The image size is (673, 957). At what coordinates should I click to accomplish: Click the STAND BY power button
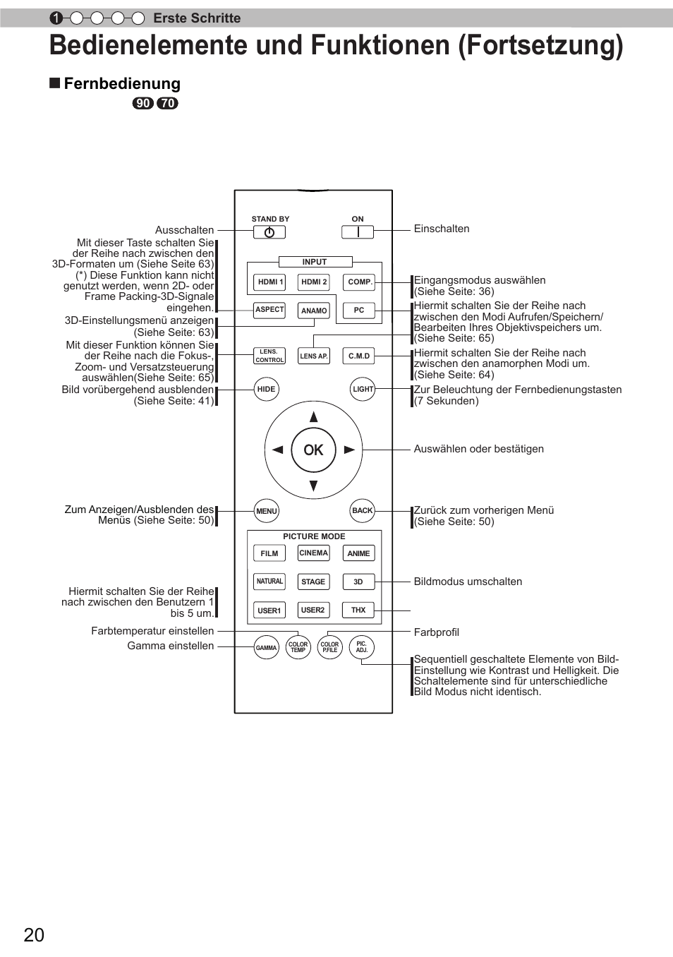(x=269, y=232)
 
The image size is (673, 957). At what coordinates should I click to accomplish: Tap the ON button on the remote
(x=358, y=232)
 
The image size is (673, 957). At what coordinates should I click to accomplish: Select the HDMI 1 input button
(x=269, y=282)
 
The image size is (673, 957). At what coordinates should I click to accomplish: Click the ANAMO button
(x=314, y=311)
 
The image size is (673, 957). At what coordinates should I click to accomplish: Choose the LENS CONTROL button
(x=269, y=356)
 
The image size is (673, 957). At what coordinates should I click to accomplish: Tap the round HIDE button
(x=267, y=389)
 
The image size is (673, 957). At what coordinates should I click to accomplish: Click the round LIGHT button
(x=363, y=389)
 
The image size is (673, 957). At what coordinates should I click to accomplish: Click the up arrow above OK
(x=314, y=417)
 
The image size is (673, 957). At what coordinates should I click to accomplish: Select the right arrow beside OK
(x=349, y=450)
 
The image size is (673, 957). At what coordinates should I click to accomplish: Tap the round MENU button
(x=267, y=511)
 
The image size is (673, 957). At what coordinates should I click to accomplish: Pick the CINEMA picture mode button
(x=314, y=553)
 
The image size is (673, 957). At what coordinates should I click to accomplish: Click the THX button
(x=358, y=610)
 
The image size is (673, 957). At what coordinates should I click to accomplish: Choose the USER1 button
(x=269, y=610)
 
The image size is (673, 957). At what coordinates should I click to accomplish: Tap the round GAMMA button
(x=267, y=647)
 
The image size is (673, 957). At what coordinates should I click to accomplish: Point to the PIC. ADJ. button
(x=362, y=647)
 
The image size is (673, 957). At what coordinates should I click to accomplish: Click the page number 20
(x=34, y=935)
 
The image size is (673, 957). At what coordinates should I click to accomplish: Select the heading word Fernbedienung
(x=122, y=84)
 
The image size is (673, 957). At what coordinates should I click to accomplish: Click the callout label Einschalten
(x=442, y=229)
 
